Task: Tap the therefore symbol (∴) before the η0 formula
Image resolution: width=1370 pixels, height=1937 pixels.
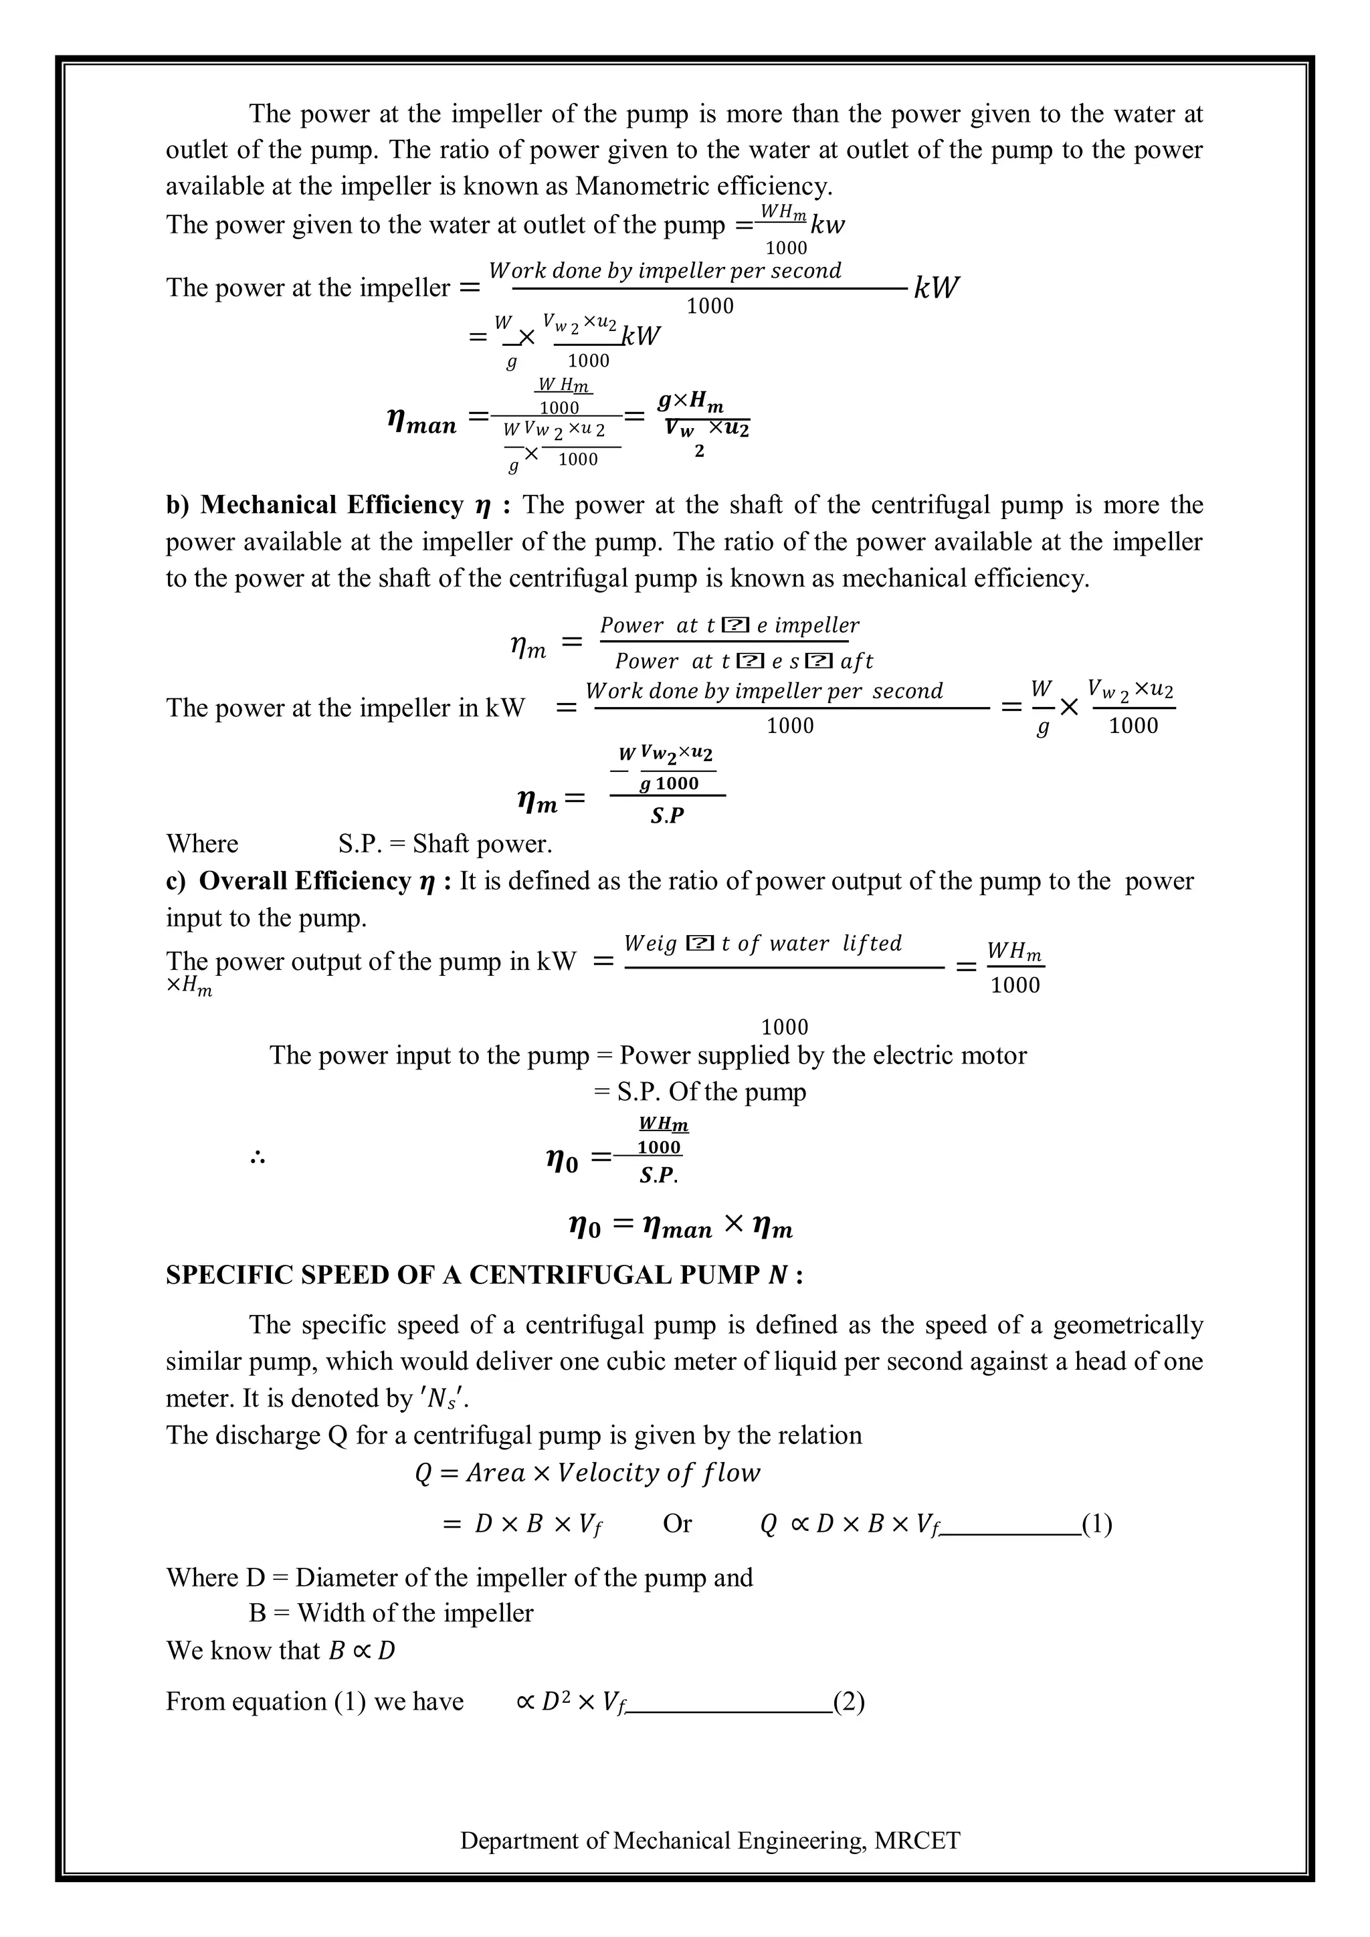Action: (x=258, y=1158)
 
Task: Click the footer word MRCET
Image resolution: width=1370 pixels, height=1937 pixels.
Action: (x=917, y=1840)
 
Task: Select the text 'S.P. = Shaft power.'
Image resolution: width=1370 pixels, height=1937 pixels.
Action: (x=445, y=843)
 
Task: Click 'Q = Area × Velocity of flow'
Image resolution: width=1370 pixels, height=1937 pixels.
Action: (x=587, y=1473)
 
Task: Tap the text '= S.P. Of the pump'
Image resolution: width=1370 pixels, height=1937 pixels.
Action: (x=699, y=1092)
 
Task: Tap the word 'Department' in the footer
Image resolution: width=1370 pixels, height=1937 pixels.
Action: (x=520, y=1840)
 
